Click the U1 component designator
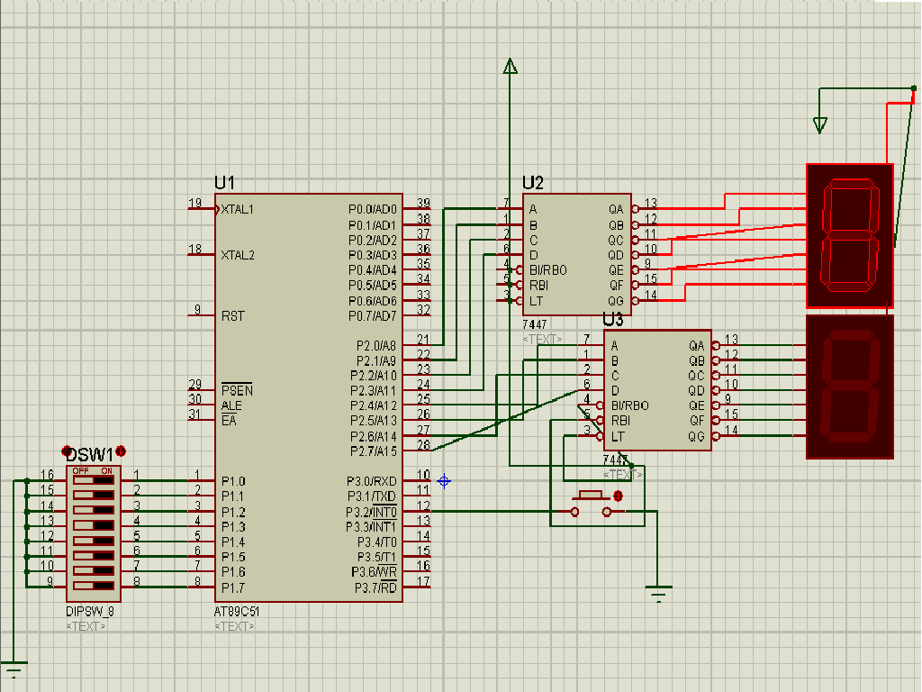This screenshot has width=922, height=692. tap(224, 183)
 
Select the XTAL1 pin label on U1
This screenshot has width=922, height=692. tap(238, 209)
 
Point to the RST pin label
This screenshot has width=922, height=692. tap(232, 316)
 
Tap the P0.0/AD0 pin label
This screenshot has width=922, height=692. tap(373, 209)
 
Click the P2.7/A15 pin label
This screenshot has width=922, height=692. tap(373, 451)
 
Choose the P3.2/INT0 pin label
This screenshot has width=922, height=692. tap(373, 512)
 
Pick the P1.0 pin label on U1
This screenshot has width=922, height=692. tap(233, 481)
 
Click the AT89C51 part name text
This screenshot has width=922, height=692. tap(238, 611)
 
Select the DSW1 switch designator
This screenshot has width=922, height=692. tap(90, 454)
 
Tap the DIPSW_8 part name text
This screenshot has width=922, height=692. tap(90, 611)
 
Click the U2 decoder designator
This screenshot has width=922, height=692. tap(533, 183)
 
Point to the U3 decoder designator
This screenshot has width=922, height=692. tap(613, 320)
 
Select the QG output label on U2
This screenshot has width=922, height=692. tap(616, 301)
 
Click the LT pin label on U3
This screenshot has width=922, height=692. tap(617, 436)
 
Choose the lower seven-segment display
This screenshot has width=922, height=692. tap(849, 387)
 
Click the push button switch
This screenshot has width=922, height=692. tap(591, 505)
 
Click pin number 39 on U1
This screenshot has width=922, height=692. tap(423, 203)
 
